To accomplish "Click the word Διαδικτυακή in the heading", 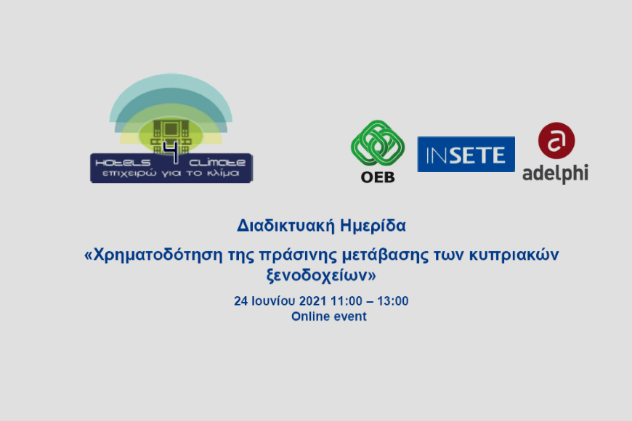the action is (285, 226).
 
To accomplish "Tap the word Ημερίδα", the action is (373, 226).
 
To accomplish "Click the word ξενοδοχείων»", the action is (321, 276).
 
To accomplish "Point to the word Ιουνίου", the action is (273, 301).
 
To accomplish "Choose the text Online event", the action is (329, 316).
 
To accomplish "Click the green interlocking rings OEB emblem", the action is (378, 143).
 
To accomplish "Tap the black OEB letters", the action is (378, 177).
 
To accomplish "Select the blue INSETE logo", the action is (466, 155).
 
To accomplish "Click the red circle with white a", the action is (556, 141).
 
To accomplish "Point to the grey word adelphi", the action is (556, 173).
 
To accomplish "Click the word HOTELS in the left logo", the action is (123, 163).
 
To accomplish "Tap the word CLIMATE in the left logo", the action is (217, 163).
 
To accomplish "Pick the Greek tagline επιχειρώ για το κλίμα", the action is (171, 173).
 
